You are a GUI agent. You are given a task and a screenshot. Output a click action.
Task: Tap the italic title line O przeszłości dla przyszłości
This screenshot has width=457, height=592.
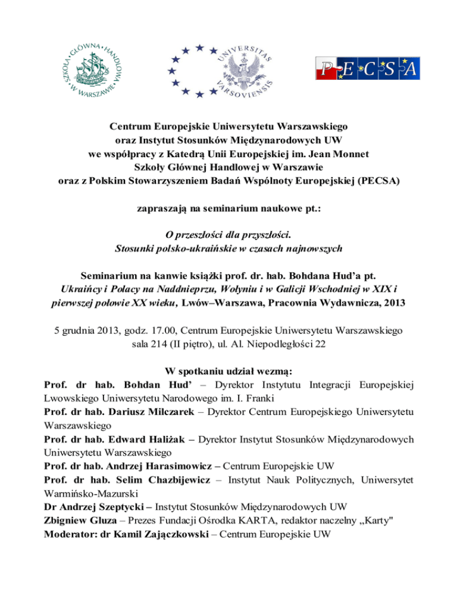click(228, 234)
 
